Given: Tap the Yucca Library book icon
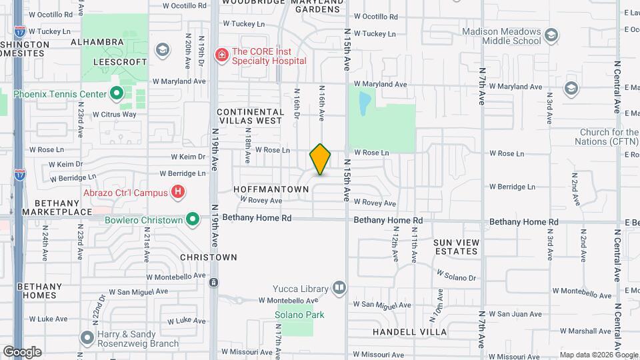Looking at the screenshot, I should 339,288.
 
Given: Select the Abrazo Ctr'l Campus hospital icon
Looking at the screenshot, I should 177,193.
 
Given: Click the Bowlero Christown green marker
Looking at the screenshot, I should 193,219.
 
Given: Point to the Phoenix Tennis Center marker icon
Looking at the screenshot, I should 117,94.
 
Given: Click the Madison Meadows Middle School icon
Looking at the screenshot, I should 551,34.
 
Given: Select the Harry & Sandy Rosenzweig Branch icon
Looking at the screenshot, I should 87,337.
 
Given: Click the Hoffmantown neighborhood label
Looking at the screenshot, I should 271,189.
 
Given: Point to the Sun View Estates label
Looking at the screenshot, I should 456,247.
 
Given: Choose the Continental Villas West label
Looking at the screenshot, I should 249,117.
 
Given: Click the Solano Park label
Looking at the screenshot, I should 294,315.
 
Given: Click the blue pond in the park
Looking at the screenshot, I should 364,103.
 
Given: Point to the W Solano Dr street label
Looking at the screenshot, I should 457,275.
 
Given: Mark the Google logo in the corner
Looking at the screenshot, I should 22,351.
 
